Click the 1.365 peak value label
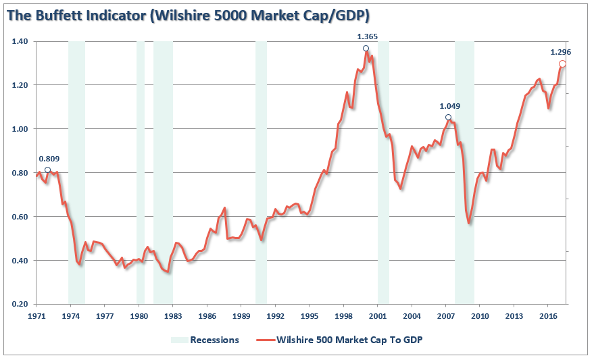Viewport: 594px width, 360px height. click(368, 36)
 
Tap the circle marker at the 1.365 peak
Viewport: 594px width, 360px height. click(366, 49)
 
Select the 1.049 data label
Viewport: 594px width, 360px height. click(450, 106)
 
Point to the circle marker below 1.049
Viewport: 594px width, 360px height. click(448, 117)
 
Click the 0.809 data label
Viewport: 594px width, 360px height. click(49, 159)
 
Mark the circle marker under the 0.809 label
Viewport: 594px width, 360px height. click(47, 170)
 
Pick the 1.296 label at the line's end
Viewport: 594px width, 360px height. click(561, 52)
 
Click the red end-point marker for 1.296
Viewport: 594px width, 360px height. click(562, 64)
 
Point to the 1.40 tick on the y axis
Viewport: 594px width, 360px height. click(20, 42)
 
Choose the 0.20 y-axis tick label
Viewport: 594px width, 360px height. click(20, 305)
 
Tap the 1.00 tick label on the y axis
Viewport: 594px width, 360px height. click(20, 130)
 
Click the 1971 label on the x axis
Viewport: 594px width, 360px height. click(36, 316)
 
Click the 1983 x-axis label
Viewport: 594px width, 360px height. click(172, 316)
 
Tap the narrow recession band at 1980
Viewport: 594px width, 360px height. click(141, 169)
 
